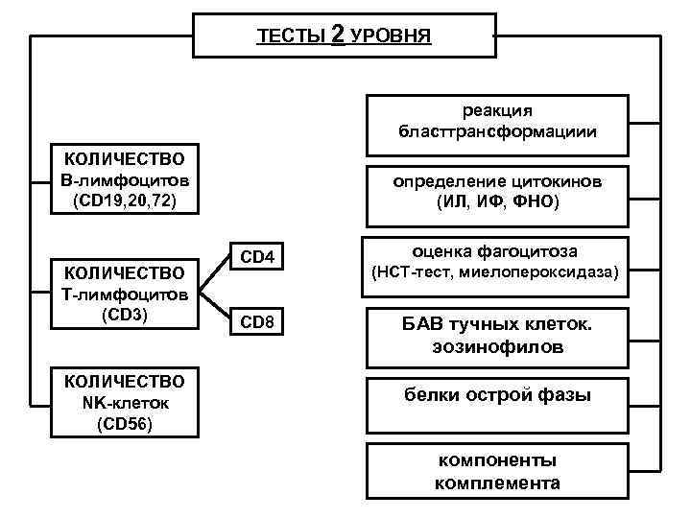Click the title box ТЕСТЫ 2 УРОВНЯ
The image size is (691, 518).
[344, 36]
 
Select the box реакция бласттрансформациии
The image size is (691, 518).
[497, 123]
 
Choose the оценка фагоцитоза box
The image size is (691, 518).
[497, 262]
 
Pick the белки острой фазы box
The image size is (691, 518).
[497, 394]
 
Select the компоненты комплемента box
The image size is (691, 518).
[497, 470]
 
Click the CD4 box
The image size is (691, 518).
[257, 257]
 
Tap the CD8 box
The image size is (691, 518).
[257, 322]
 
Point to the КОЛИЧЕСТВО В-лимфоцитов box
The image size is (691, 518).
[125, 179]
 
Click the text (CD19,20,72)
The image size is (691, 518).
[125, 200]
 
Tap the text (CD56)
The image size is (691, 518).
[125, 423]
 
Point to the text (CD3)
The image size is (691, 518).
[125, 313]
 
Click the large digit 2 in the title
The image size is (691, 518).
[337, 35]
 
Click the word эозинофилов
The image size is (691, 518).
[497, 346]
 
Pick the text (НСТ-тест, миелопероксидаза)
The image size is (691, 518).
[497, 273]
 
